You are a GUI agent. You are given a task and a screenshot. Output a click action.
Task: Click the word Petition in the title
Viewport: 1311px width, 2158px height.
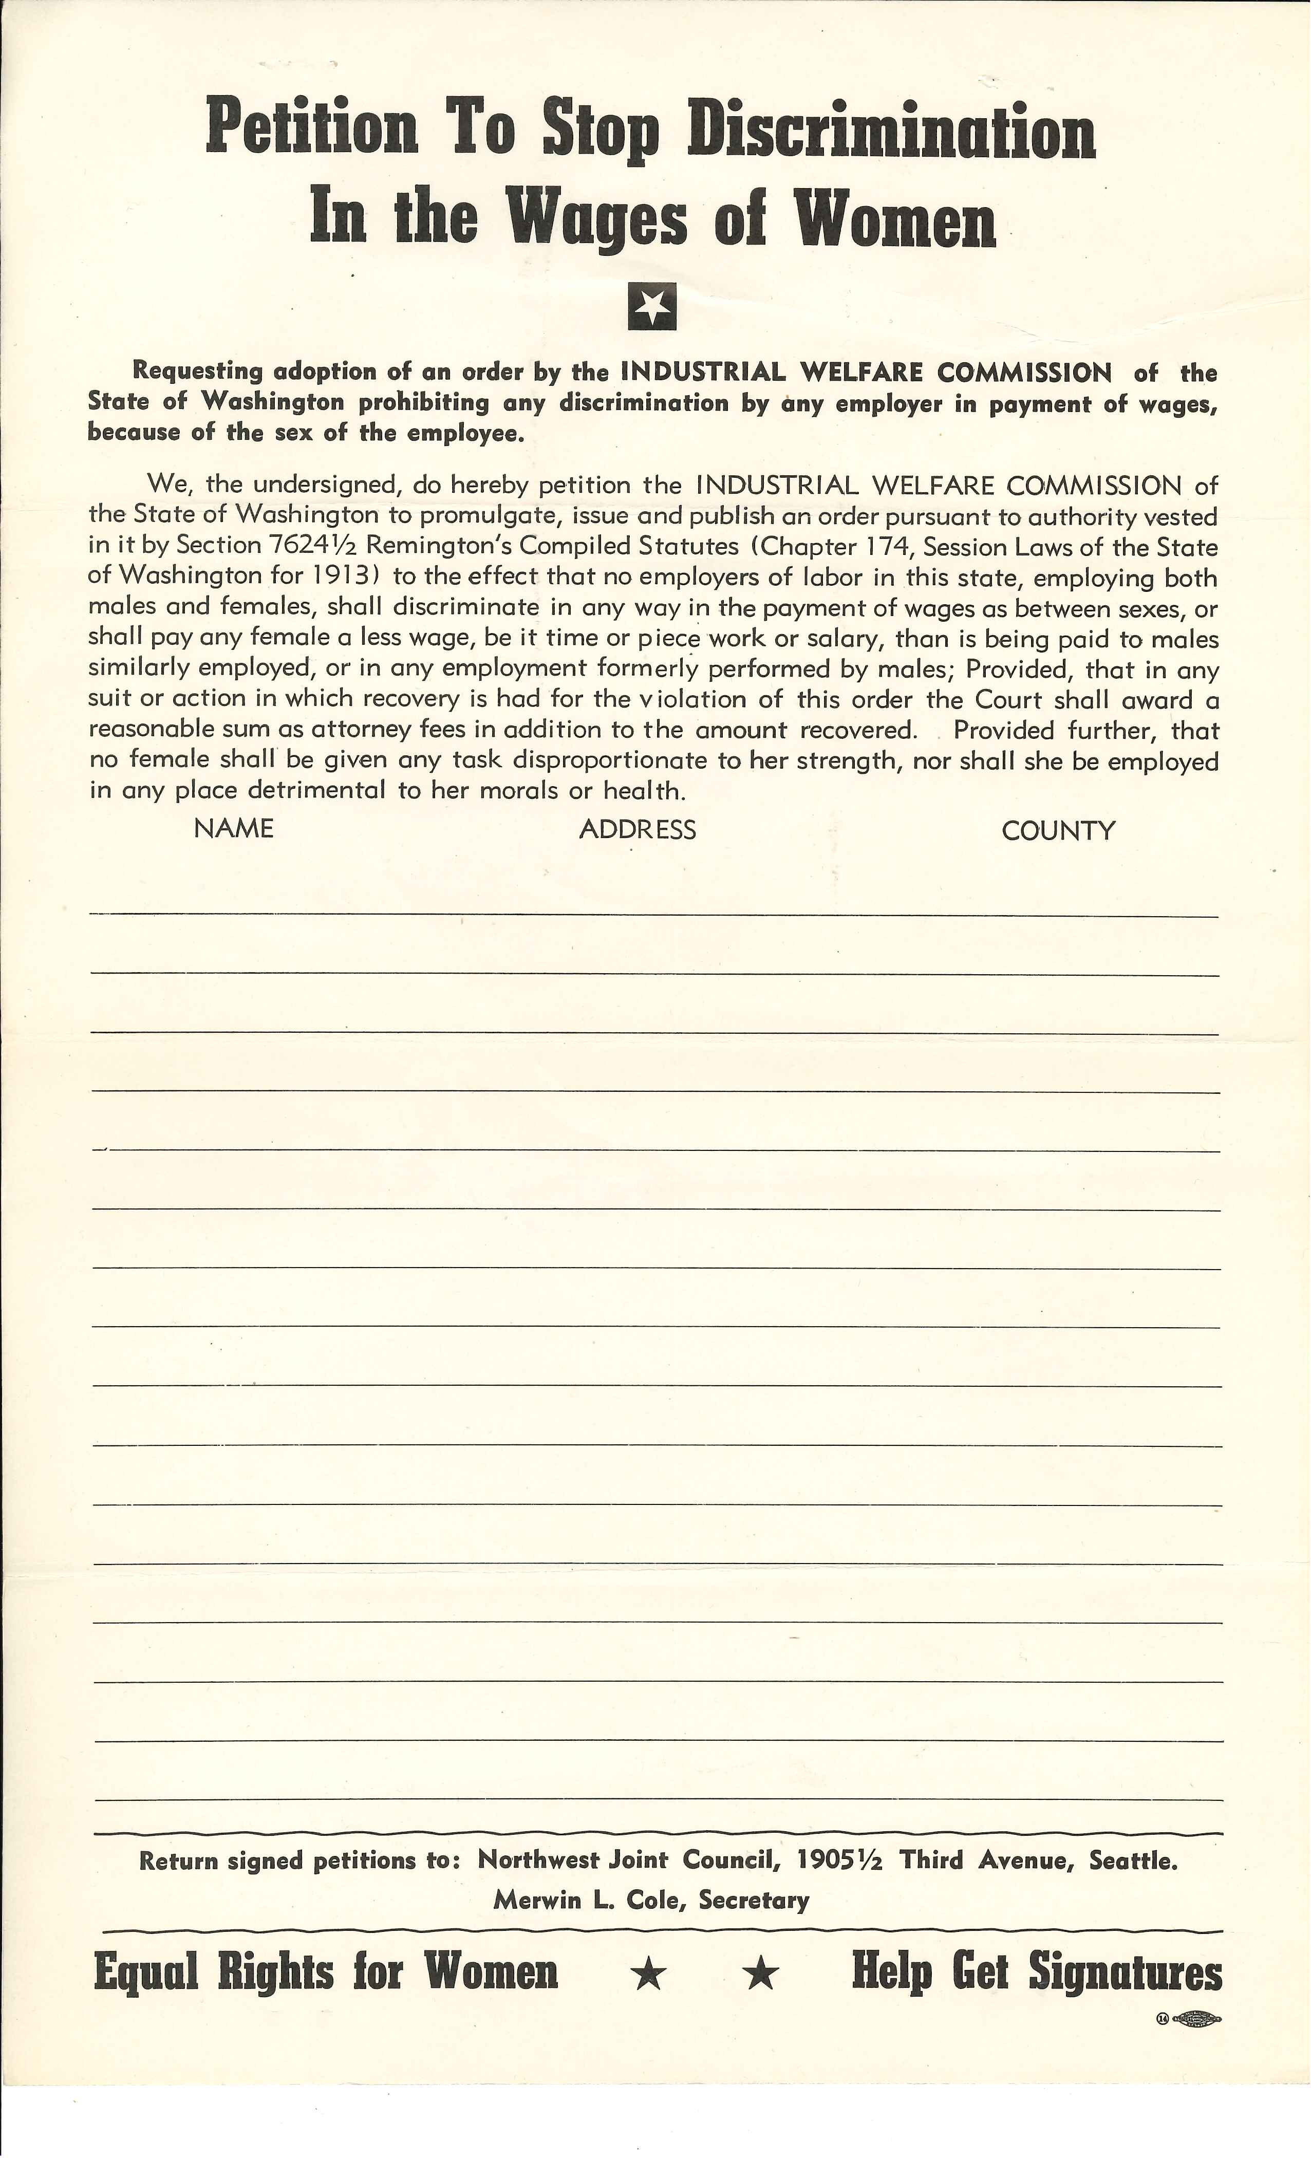pos(313,129)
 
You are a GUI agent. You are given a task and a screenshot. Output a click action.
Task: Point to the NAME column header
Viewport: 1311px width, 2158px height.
pos(234,828)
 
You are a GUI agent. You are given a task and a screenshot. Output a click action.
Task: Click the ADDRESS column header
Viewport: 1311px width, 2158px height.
pos(638,829)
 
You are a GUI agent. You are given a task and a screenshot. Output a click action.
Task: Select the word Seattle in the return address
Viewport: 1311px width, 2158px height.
pos(1132,1860)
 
